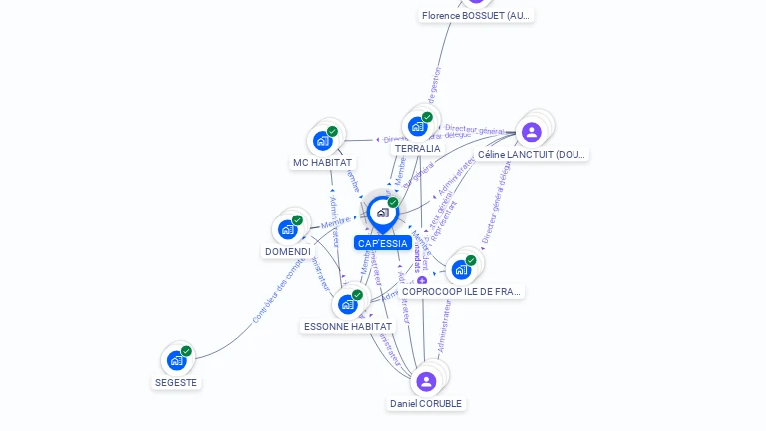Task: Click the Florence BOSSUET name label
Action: pyautogui.click(x=477, y=16)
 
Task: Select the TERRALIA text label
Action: pyautogui.click(x=417, y=149)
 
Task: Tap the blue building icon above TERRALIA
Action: pyautogui.click(x=418, y=126)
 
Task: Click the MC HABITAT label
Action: pyautogui.click(x=322, y=162)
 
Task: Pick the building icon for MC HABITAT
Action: pyautogui.click(x=323, y=140)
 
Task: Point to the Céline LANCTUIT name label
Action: pyautogui.click(x=532, y=155)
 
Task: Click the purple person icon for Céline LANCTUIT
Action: pyautogui.click(x=532, y=131)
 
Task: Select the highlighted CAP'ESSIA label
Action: pyautogui.click(x=382, y=243)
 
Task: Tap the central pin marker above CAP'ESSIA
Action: pyautogui.click(x=382, y=213)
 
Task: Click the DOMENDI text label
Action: pyautogui.click(x=287, y=251)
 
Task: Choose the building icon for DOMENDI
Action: pyautogui.click(x=288, y=229)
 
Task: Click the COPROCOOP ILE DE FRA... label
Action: pyautogui.click(x=461, y=291)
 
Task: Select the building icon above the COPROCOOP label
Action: pyautogui.click(x=461, y=268)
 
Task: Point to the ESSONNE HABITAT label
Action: pyautogui.click(x=348, y=326)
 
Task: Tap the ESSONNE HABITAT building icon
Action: pyautogui.click(x=348, y=303)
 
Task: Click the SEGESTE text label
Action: pyautogui.click(x=177, y=382)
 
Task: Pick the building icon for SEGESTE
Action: pyautogui.click(x=177, y=359)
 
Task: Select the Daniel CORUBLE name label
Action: pyautogui.click(x=426, y=404)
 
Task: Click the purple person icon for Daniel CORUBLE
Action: pyautogui.click(x=426, y=381)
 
